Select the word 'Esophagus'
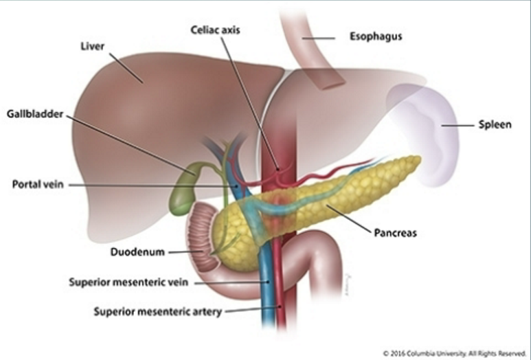pos(375,36)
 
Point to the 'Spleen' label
pos(495,125)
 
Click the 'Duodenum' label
pos(137,252)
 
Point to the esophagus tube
pos(313,55)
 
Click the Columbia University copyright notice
pos(454,353)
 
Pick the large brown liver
pos(137,124)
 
